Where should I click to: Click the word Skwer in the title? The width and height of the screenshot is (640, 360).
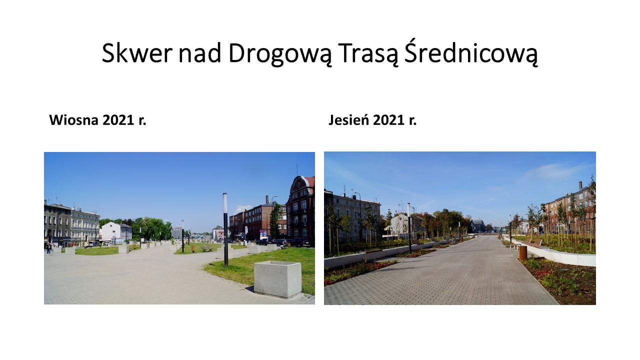point(137,53)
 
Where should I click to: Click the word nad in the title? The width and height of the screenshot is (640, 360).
point(200,53)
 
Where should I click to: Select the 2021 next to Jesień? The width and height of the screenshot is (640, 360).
point(388,120)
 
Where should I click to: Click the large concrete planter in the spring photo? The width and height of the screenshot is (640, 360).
point(277,279)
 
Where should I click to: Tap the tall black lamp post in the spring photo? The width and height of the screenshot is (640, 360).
point(225,230)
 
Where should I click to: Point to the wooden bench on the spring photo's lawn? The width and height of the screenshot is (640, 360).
point(207,249)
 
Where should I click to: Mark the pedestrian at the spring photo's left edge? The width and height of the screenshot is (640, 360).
point(49,248)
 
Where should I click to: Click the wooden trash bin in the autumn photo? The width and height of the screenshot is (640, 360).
point(523,253)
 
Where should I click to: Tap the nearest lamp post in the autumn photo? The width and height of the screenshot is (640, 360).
point(409,228)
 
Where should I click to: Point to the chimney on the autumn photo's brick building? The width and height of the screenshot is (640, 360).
point(580,186)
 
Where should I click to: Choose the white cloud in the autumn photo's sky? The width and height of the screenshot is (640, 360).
point(557,171)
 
